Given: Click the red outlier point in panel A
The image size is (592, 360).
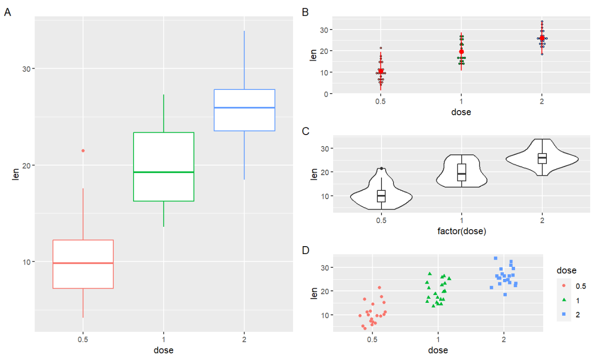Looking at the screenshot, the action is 83,151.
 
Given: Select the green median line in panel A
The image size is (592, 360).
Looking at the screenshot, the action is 164,172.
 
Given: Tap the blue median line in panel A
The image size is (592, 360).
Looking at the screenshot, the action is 245,108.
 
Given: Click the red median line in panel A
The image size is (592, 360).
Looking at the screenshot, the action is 83,263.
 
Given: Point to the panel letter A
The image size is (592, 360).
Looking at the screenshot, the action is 7,12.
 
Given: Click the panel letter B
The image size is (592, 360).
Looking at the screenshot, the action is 305,12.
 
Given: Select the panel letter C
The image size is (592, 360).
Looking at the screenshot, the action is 305,131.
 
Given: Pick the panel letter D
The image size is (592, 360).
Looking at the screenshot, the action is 305,250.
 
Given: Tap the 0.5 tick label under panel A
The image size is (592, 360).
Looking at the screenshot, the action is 83,339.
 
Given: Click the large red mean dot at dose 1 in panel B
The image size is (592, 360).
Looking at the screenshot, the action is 462,52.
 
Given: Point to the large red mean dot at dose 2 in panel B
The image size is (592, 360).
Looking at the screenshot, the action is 542,38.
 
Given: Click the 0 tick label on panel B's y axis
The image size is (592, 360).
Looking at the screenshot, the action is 326,94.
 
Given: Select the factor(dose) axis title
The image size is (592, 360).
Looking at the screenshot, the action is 462,231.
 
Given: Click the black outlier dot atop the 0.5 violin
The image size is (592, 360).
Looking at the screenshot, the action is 381,169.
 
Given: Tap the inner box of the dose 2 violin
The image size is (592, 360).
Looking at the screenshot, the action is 542,159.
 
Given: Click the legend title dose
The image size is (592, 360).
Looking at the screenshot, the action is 566,270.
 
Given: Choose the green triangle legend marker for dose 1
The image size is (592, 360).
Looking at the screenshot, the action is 564,300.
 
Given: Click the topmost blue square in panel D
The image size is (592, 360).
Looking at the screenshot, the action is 496,258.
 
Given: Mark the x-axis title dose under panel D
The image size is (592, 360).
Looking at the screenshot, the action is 438,350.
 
